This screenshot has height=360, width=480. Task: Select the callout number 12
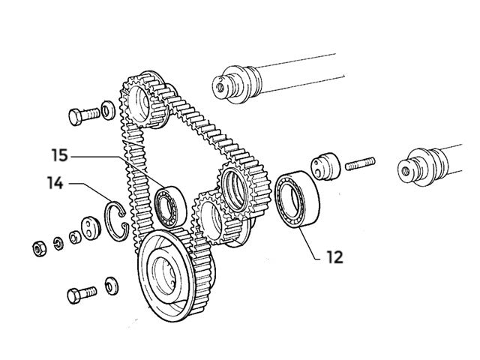click(x=334, y=256)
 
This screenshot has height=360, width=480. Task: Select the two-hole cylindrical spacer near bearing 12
click(x=325, y=166)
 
